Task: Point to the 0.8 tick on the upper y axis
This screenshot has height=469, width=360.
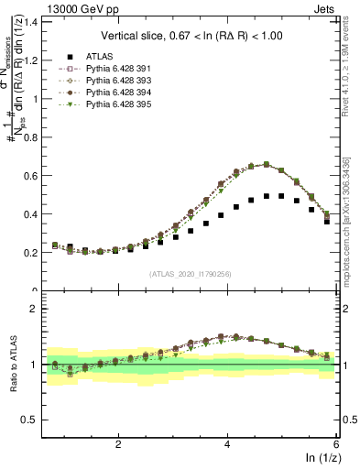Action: [34, 136]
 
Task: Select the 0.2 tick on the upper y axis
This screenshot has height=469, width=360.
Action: [34, 252]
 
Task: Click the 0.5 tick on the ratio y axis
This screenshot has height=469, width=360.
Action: [34, 420]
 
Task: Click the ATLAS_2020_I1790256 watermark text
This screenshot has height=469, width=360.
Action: [191, 274]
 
